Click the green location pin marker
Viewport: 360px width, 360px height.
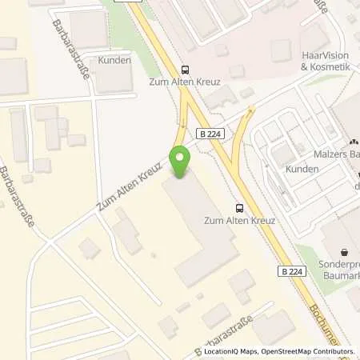pyautogui.click(x=182, y=161)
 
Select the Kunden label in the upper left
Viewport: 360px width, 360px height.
pyautogui.click(x=114, y=61)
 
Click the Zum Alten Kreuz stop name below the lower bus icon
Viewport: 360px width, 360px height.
pyautogui.click(x=241, y=220)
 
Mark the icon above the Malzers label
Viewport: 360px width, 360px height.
pyautogui.click(x=354, y=142)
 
